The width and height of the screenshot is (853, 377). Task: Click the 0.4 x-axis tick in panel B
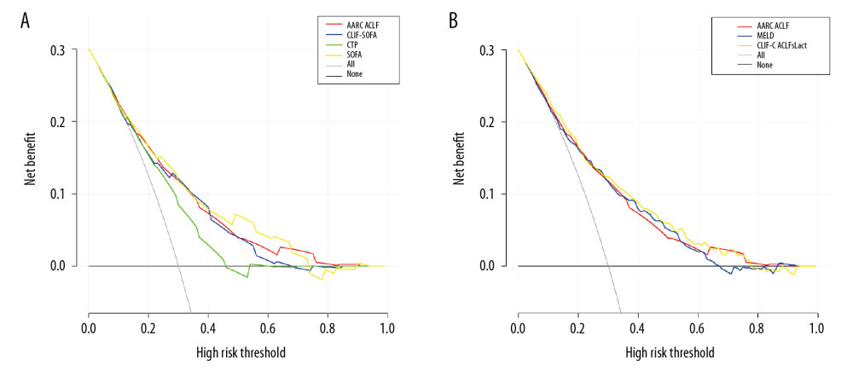coord(638,328)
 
